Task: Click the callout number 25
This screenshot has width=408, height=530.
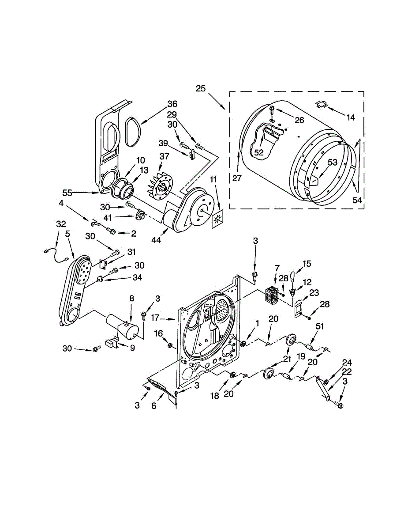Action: coord(201,88)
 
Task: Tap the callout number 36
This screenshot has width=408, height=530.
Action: coord(172,105)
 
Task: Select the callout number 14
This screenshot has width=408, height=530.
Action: coord(351,117)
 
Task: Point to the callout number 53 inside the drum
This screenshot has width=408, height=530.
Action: coord(332,162)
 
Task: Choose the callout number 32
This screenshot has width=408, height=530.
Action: coord(60,224)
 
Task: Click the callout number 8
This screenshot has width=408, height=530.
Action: coord(131,298)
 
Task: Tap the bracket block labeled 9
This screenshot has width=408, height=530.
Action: coord(112,343)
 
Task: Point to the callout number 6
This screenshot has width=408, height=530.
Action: coord(154,406)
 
